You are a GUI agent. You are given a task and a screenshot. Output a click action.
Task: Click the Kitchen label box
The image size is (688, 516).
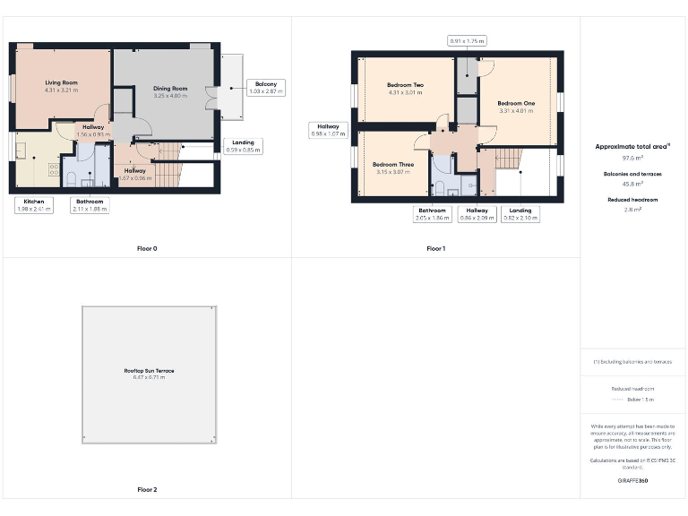tap(34, 205)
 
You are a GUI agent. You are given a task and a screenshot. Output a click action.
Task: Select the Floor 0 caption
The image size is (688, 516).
tap(147, 248)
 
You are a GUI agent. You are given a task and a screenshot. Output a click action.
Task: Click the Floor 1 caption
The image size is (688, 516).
tap(435, 248)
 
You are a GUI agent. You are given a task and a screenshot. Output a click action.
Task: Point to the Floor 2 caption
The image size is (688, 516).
tap(147, 490)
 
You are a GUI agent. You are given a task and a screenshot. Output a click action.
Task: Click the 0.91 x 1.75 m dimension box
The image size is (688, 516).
tap(467, 40)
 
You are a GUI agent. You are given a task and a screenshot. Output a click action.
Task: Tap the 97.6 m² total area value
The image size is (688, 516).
tap(632, 157)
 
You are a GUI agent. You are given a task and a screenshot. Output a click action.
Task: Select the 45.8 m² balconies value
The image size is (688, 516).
tap(632, 183)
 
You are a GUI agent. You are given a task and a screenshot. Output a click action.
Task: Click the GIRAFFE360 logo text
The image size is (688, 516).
tap(632, 481)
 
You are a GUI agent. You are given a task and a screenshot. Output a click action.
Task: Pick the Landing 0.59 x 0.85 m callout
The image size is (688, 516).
tap(243, 146)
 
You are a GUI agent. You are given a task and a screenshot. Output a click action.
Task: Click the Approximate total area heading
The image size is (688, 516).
tap(632, 146)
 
